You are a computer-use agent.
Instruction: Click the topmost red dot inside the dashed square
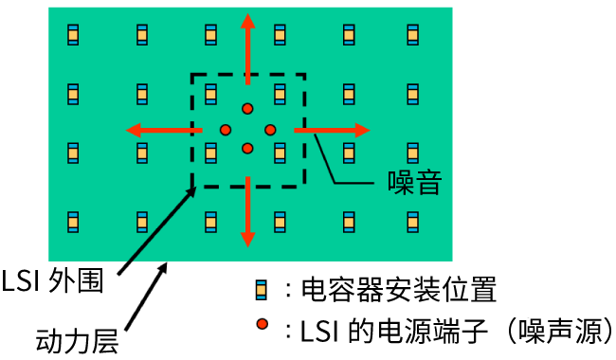click(247, 108)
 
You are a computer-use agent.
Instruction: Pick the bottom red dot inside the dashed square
click(247, 148)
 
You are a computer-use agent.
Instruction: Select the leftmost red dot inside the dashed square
click(226, 129)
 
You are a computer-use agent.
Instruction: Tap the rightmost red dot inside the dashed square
click(269, 129)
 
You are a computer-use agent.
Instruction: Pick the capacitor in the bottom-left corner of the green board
click(73, 222)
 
